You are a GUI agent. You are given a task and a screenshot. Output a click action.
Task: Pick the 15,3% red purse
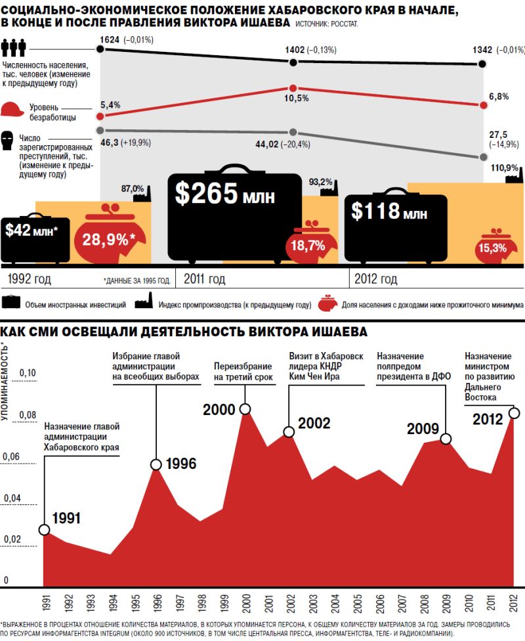492,248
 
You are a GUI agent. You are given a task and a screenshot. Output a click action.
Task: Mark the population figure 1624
110,40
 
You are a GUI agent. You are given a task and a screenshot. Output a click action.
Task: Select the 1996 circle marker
156,464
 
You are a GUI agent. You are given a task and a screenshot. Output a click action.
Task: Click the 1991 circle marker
44,529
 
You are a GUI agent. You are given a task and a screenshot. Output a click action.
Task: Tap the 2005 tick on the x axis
358,602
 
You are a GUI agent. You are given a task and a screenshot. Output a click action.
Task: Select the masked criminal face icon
9,140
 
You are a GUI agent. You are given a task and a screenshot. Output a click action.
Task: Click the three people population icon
13,48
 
